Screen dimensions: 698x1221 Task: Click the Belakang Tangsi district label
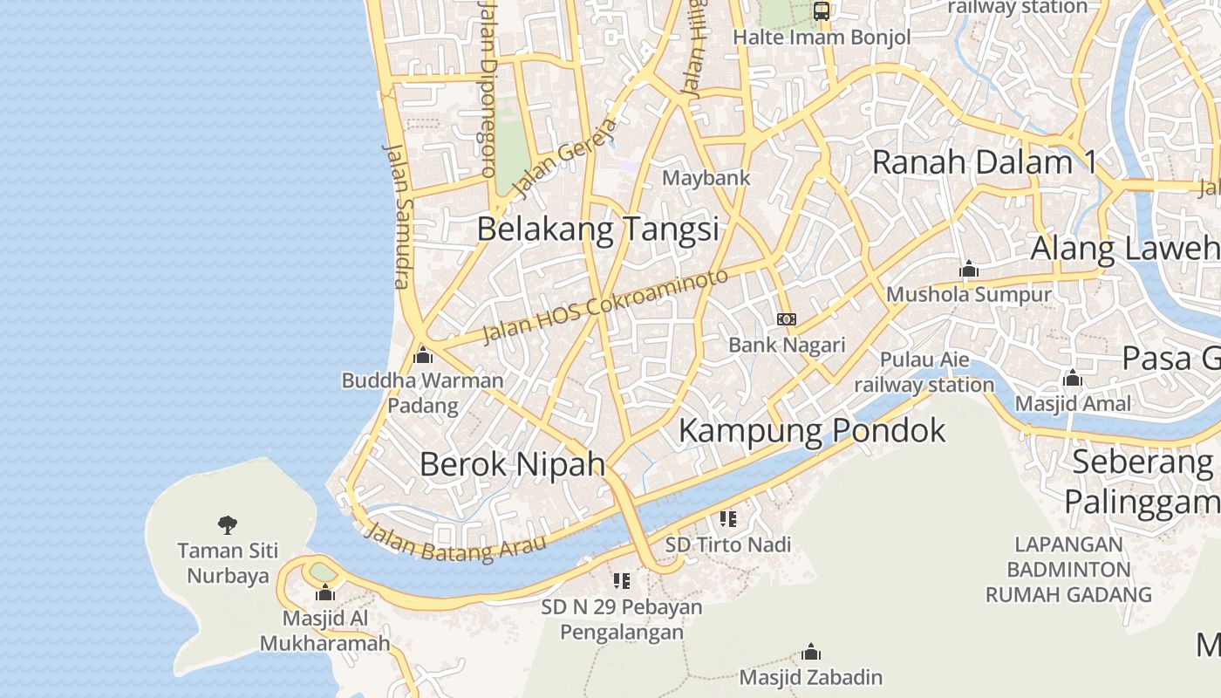point(598,229)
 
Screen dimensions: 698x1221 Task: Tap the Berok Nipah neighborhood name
point(512,463)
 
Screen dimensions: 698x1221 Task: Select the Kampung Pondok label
point(812,430)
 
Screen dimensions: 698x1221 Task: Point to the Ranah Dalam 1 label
point(984,162)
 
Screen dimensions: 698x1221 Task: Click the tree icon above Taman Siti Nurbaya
point(228,524)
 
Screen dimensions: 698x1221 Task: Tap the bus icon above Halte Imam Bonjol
point(822,11)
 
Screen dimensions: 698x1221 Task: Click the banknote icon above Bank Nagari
point(787,319)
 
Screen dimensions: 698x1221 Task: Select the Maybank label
point(706,178)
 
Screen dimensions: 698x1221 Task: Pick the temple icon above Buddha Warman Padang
point(423,355)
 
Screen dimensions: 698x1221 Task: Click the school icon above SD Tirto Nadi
point(728,519)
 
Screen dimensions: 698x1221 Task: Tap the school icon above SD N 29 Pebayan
point(622,580)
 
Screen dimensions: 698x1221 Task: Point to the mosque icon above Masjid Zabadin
point(811,652)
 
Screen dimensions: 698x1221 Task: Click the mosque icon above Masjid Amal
point(1073,378)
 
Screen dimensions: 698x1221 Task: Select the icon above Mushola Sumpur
point(968,269)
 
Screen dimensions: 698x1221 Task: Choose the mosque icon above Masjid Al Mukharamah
point(325,593)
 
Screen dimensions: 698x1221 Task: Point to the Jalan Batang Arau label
point(454,542)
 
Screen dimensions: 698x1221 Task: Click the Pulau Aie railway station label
point(924,372)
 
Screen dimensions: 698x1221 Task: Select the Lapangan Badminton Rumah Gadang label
point(1069,570)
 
